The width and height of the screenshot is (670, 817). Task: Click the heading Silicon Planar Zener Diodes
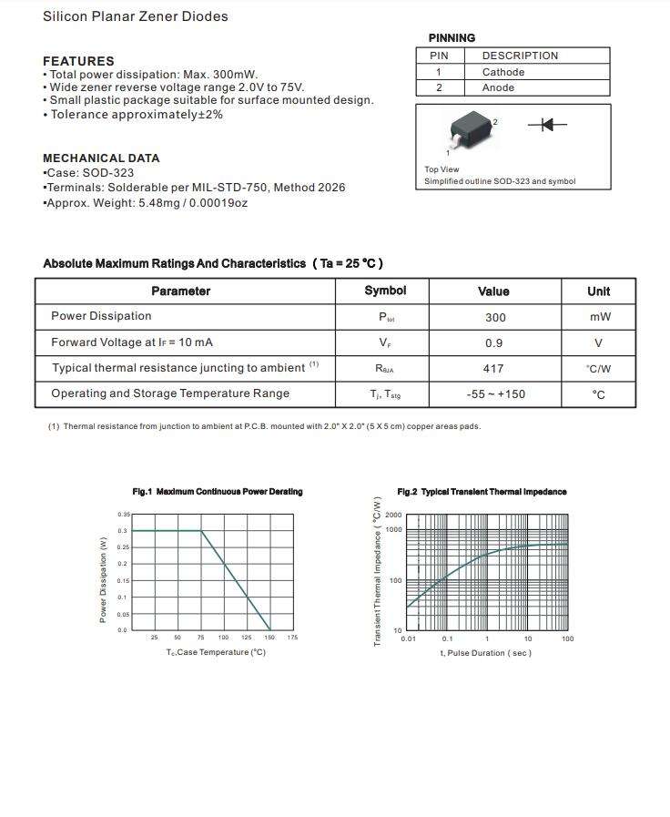tap(136, 16)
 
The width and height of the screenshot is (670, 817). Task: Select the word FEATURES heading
tap(78, 61)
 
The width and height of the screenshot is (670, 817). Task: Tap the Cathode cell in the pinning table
tap(503, 72)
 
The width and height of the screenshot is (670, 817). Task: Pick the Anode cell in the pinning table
tap(499, 87)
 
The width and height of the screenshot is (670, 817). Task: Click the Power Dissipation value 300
tap(495, 317)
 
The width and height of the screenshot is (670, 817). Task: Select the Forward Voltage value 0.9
tap(495, 342)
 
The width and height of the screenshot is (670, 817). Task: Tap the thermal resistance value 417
tap(495, 368)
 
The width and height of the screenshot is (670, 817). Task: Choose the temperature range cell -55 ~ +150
tap(495, 394)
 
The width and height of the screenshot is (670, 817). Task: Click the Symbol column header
tap(385, 291)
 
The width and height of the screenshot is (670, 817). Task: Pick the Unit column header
tap(599, 291)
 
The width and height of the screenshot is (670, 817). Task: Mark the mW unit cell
tap(599, 317)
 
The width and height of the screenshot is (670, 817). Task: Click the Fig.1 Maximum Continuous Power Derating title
tap(218, 492)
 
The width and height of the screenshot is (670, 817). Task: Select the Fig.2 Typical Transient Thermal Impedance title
tap(482, 492)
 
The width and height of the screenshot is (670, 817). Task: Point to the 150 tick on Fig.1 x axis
tap(269, 638)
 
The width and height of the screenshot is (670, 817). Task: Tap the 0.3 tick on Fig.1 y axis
tap(123, 530)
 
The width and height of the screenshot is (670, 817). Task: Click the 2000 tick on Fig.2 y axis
tap(393, 516)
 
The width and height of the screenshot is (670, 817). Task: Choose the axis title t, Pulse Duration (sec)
tap(485, 653)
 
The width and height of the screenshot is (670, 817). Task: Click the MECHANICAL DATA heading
tap(101, 158)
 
